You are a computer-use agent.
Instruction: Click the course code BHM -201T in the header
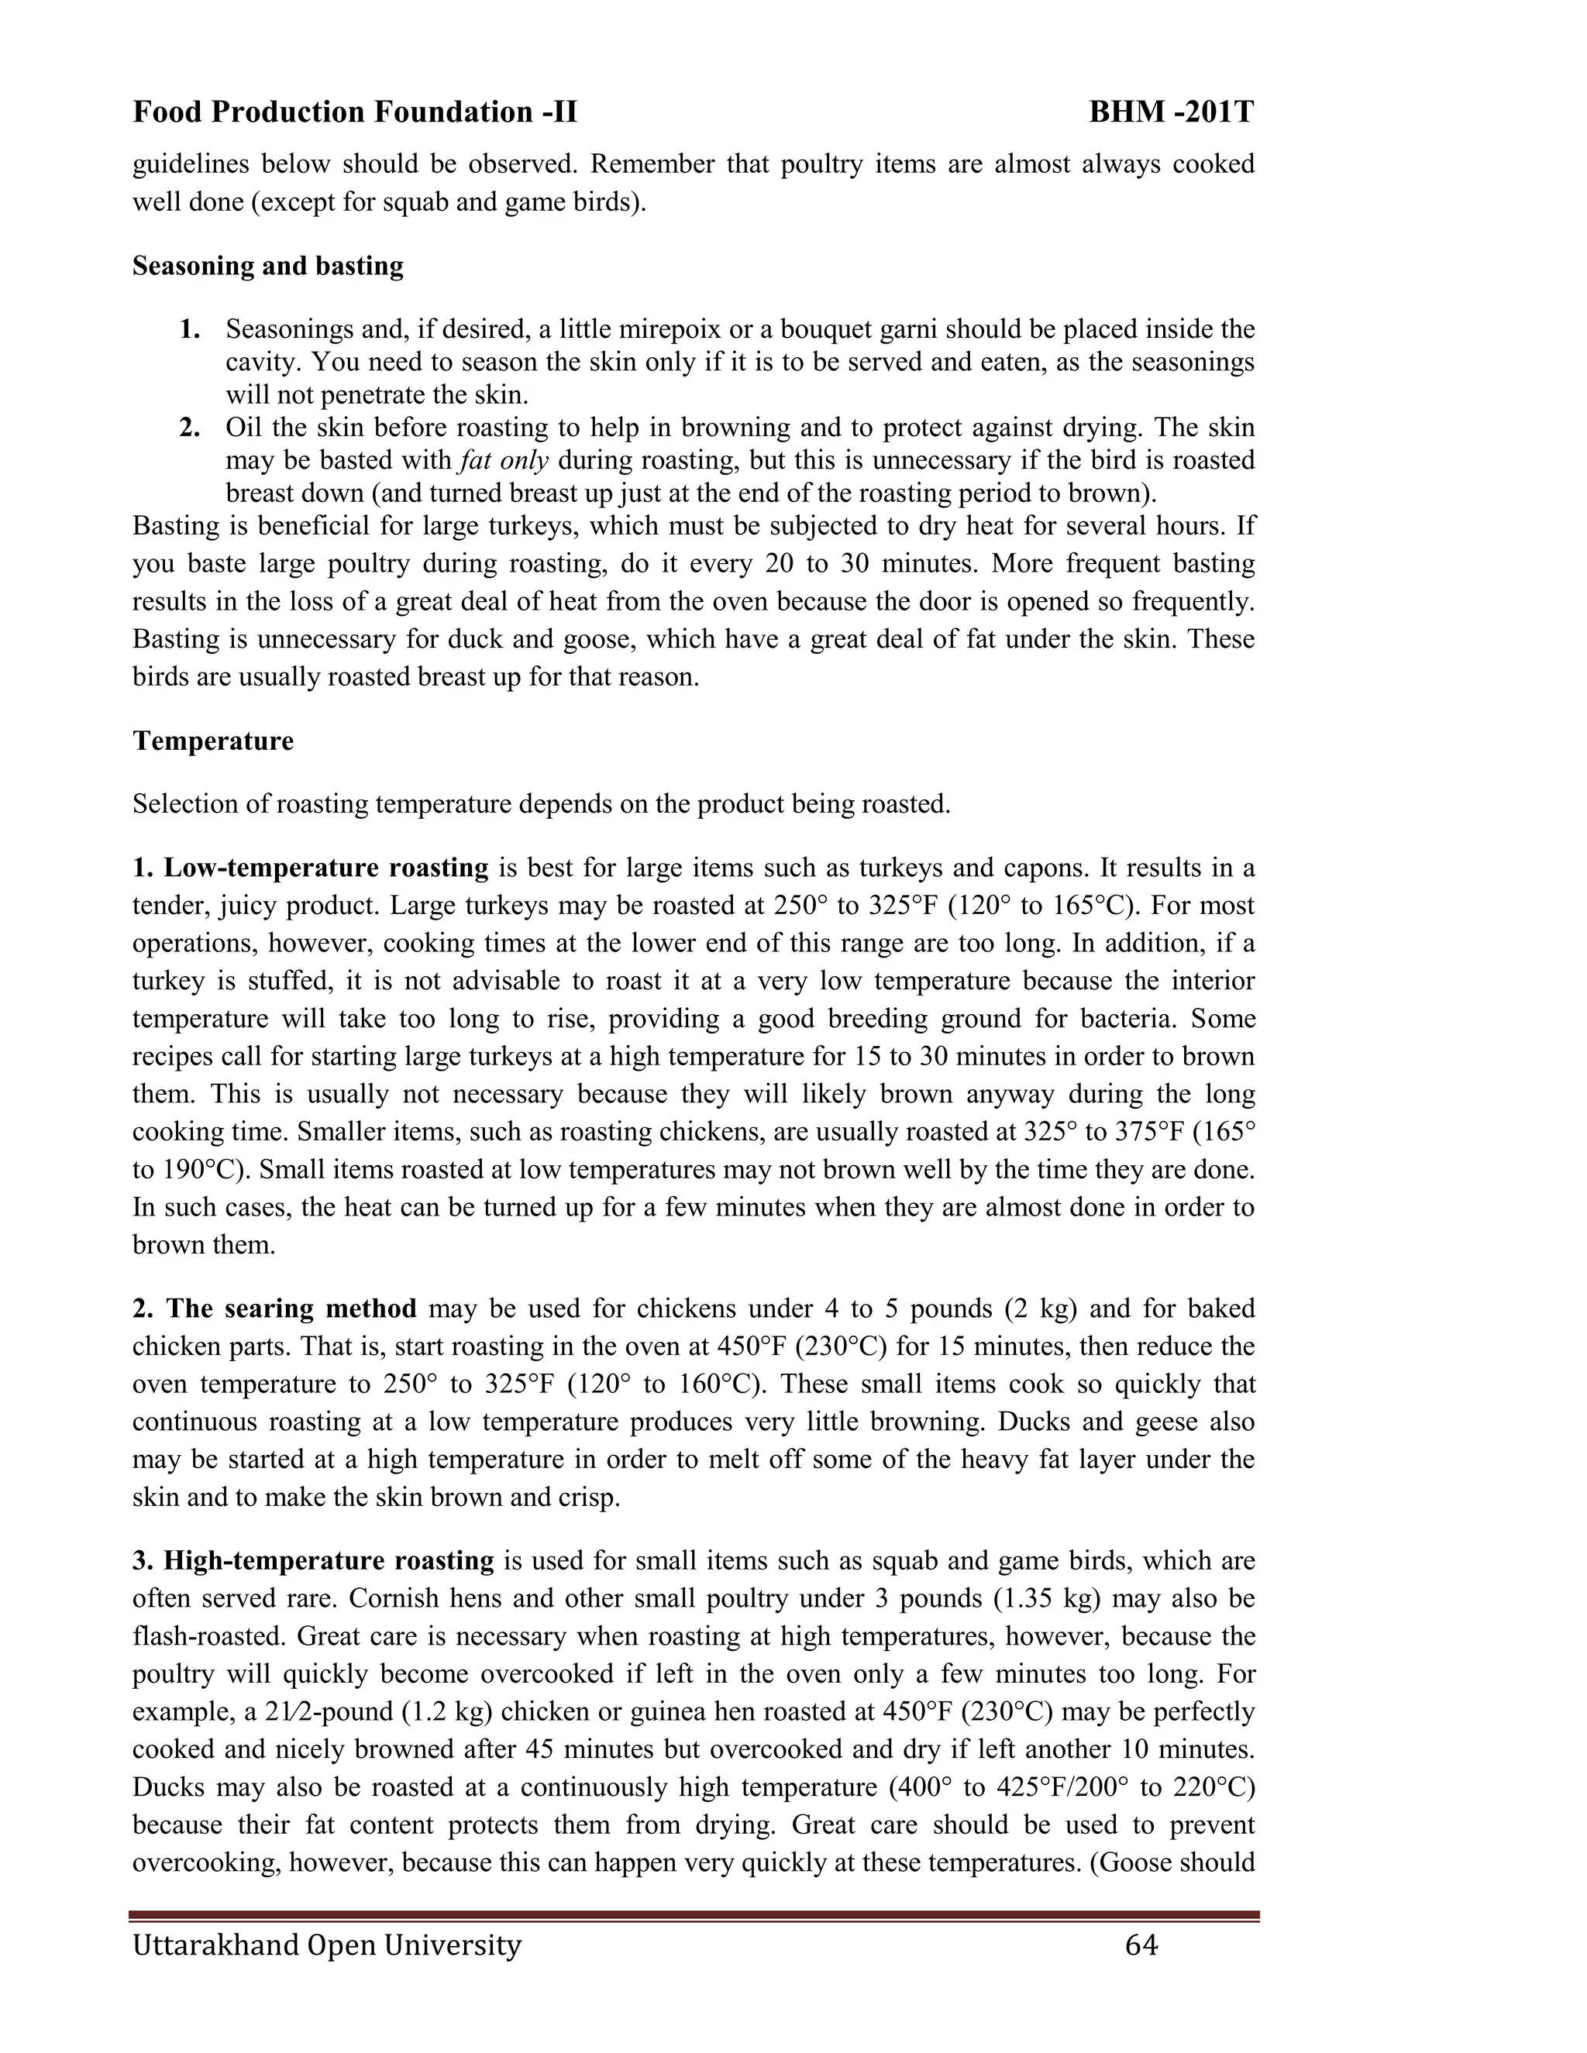point(1171,113)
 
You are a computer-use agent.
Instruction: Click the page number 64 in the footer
point(1141,1944)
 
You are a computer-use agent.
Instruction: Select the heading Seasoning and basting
point(268,266)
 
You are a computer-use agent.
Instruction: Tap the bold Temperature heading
point(212,741)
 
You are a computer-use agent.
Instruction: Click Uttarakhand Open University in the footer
point(326,1944)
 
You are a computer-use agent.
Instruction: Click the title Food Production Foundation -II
point(354,113)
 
